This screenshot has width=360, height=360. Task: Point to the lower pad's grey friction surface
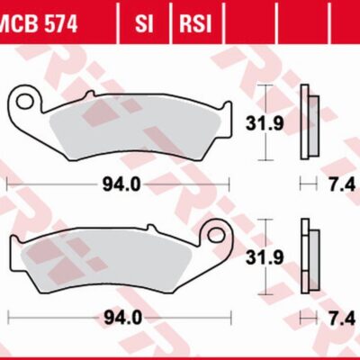click(x=108, y=270)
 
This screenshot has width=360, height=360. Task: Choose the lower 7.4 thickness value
click(x=344, y=318)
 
